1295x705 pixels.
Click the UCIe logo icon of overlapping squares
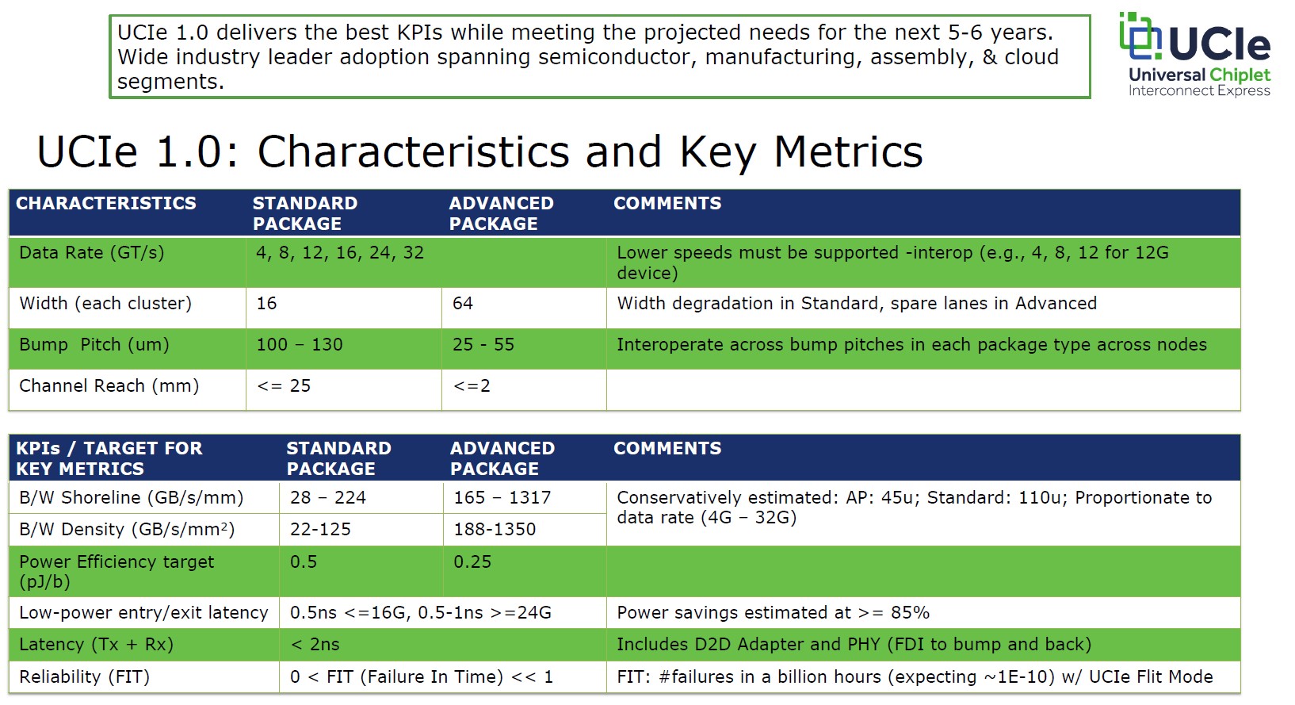(1140, 35)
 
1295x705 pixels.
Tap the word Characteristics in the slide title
(414, 152)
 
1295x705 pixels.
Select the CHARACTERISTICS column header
(105, 203)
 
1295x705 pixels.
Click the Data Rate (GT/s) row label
(92, 253)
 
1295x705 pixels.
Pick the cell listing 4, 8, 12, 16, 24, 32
(340, 253)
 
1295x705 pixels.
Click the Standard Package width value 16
(266, 303)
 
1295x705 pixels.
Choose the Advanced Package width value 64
(463, 303)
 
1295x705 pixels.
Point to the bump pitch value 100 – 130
(300, 345)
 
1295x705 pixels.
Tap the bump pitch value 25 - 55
(483, 345)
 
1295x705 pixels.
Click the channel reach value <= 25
(284, 385)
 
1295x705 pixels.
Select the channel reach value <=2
(472, 385)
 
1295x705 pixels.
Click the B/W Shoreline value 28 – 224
(328, 497)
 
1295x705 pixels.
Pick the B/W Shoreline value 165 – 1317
(502, 497)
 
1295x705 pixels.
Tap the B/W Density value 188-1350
(495, 529)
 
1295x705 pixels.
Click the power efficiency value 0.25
(472, 561)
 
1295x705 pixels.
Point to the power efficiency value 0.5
(304, 561)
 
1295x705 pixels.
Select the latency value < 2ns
(315, 644)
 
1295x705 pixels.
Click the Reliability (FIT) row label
(85, 676)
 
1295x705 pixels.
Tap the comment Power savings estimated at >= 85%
(773, 612)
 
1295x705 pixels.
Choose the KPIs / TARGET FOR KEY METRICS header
(109, 458)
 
